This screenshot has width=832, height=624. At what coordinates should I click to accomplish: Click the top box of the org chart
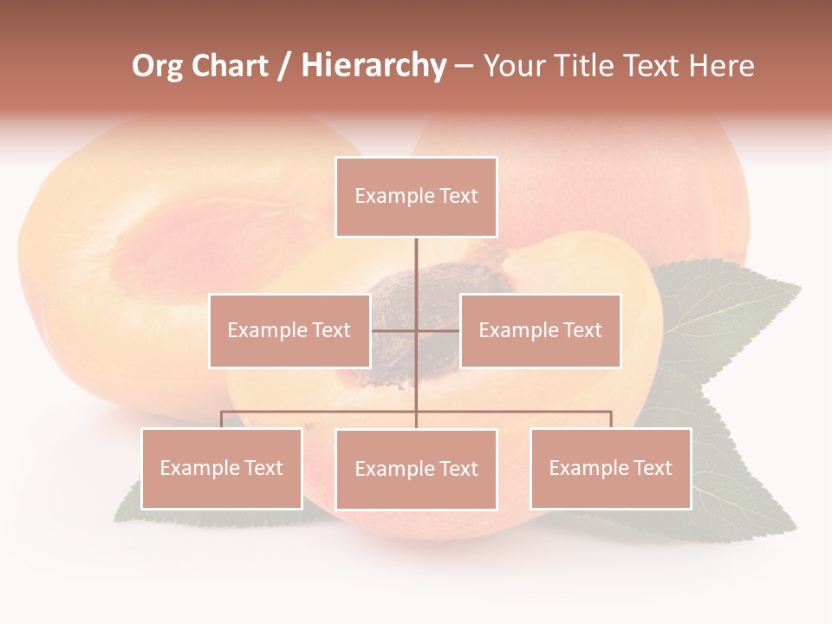click(x=416, y=197)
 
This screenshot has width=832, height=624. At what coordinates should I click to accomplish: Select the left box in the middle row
click(x=289, y=330)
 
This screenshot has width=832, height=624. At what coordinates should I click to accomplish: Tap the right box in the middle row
click(x=540, y=330)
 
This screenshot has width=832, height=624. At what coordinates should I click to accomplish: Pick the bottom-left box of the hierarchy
click(x=222, y=468)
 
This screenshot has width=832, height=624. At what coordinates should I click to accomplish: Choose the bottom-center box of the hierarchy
click(x=416, y=469)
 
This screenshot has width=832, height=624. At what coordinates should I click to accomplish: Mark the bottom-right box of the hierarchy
click(x=610, y=468)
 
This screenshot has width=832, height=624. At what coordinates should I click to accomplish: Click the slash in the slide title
click(x=284, y=67)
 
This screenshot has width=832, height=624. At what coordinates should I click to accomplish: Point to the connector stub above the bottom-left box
click(x=222, y=419)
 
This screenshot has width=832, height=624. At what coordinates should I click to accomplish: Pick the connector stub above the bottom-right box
click(x=611, y=419)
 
